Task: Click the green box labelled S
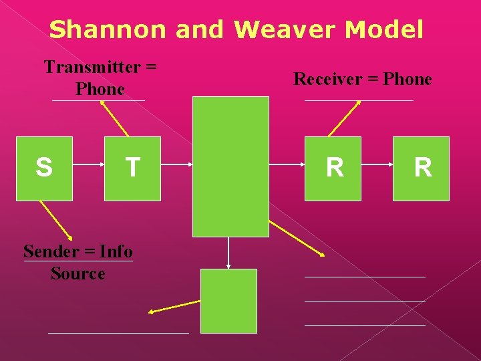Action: click(x=44, y=168)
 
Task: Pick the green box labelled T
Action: click(x=132, y=168)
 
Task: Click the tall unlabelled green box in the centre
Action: click(x=230, y=166)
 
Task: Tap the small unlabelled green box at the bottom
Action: click(x=228, y=301)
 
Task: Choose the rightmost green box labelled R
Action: click(x=421, y=168)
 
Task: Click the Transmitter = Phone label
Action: click(x=100, y=78)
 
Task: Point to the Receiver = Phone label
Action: click(x=363, y=79)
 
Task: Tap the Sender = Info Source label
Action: click(x=77, y=262)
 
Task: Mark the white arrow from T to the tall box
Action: click(x=176, y=164)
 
